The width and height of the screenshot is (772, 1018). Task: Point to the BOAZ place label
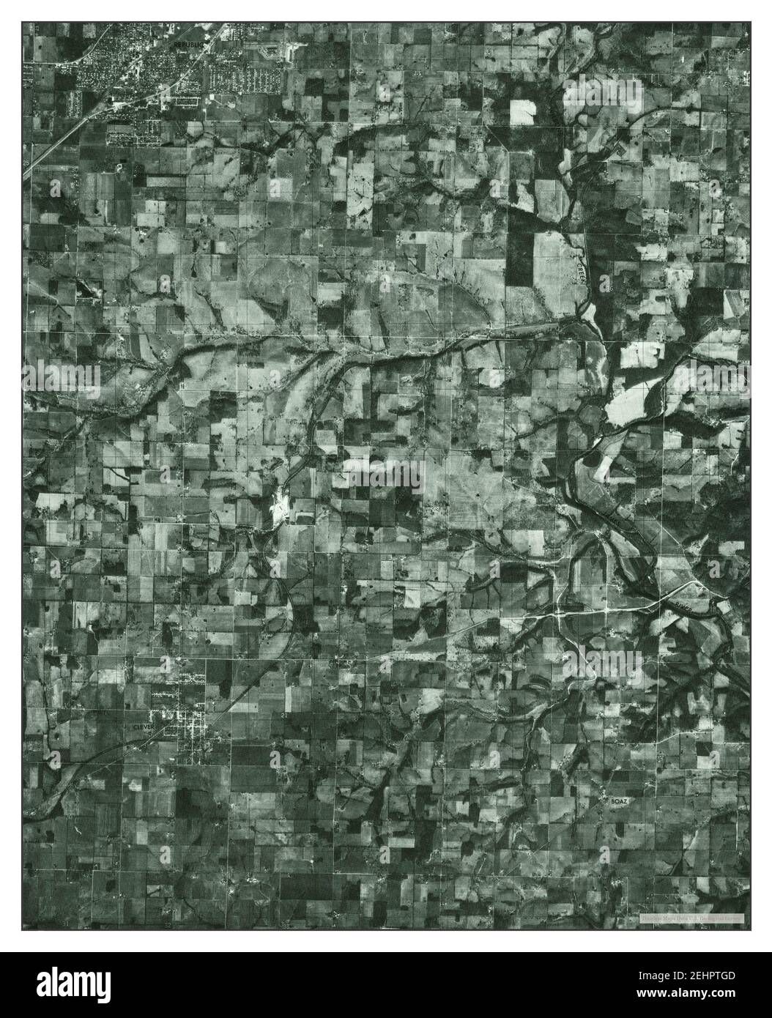[619, 803]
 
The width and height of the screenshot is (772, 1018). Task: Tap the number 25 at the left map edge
[26, 162]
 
